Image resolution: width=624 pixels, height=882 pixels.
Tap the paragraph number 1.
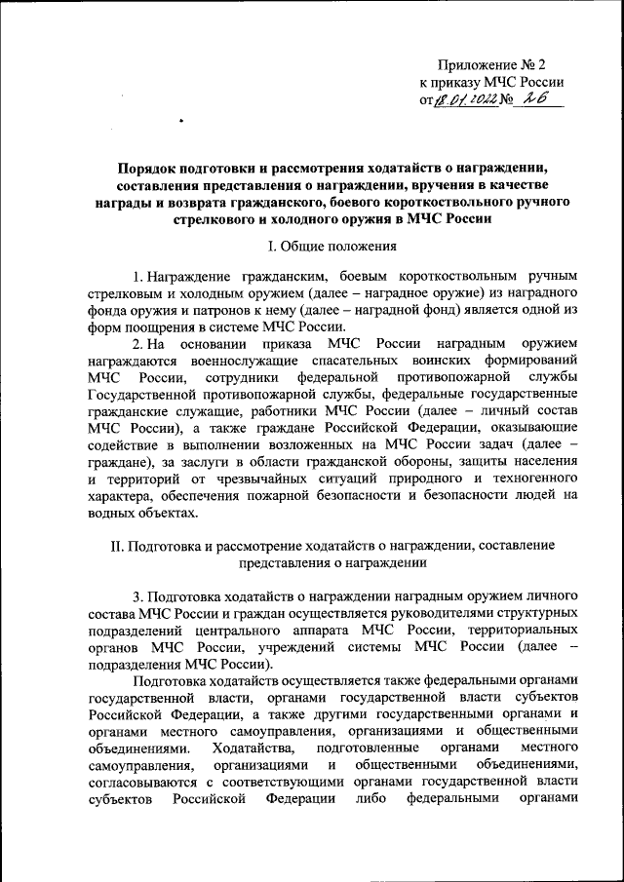tap(137, 277)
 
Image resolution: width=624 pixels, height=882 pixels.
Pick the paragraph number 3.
tap(137, 594)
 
